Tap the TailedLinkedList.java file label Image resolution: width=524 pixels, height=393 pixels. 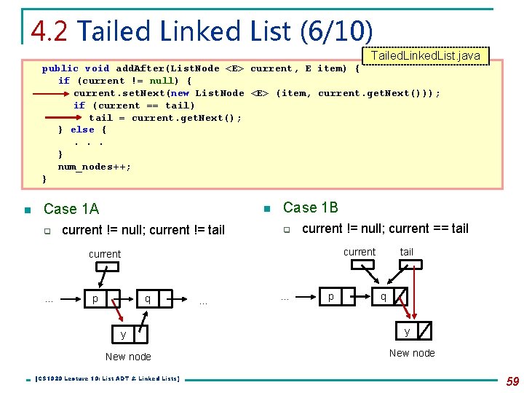click(426, 55)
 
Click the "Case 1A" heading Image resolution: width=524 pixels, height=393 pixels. click(71, 209)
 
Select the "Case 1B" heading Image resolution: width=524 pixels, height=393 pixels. click(311, 207)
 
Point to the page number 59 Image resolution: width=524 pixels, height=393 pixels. click(512, 381)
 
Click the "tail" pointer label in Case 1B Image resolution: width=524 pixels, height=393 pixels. click(406, 252)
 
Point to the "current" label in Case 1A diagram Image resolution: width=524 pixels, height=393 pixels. click(105, 254)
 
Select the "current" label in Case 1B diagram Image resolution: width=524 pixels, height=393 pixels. click(360, 252)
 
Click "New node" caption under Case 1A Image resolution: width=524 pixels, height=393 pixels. click(128, 357)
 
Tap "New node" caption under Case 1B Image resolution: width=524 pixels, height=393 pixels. click(412, 353)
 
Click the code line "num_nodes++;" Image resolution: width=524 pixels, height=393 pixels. click(95, 167)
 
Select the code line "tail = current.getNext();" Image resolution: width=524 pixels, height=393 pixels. click(165, 117)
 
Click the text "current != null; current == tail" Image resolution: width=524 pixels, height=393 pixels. click(385, 229)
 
